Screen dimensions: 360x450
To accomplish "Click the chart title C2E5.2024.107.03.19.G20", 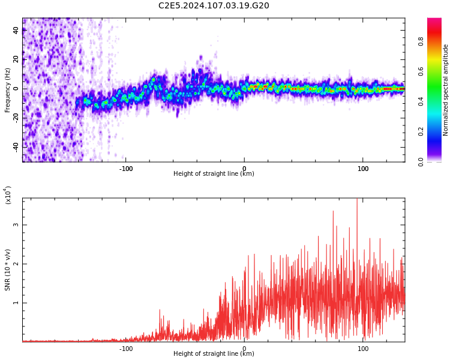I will point(214,6).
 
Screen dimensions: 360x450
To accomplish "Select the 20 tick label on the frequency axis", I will point(16,59).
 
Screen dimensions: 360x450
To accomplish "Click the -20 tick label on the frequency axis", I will point(16,117).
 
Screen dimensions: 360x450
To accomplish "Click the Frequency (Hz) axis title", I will point(8,90).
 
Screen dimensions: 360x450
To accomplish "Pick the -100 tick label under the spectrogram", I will point(125,169).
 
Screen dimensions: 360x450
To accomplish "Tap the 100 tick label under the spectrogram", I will point(363,169).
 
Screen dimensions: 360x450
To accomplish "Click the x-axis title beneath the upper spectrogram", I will point(214,174).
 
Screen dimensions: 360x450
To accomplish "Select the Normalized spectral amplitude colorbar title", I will point(446,90).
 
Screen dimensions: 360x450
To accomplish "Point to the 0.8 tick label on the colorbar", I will point(438,41).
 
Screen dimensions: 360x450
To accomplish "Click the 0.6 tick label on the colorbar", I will point(438,71).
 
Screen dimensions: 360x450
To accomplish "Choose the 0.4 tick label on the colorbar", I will point(438,101).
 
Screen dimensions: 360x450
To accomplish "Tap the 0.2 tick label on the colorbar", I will point(438,131).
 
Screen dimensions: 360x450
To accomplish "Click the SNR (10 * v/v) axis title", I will point(8,270).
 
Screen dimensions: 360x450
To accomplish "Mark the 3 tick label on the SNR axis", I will point(16,225).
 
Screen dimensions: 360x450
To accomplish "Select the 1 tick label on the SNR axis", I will point(16,303).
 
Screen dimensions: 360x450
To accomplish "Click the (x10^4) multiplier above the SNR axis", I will point(8,196).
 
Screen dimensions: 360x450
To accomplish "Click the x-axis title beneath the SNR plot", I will point(214,354).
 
